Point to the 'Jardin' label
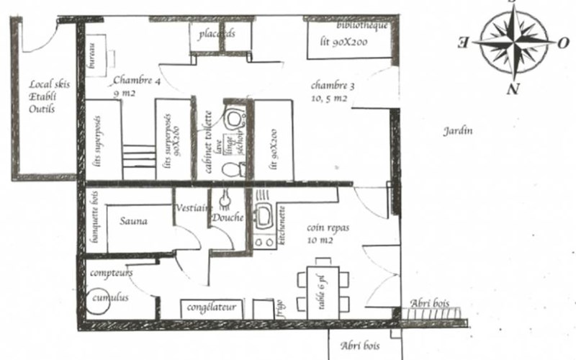(x=456, y=132)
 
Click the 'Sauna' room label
(x=134, y=221)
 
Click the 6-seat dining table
(x=323, y=292)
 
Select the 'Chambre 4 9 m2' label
(x=134, y=86)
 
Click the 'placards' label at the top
(x=217, y=34)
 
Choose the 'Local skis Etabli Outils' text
(x=42, y=96)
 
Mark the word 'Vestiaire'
(x=192, y=208)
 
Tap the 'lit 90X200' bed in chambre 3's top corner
(x=349, y=40)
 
